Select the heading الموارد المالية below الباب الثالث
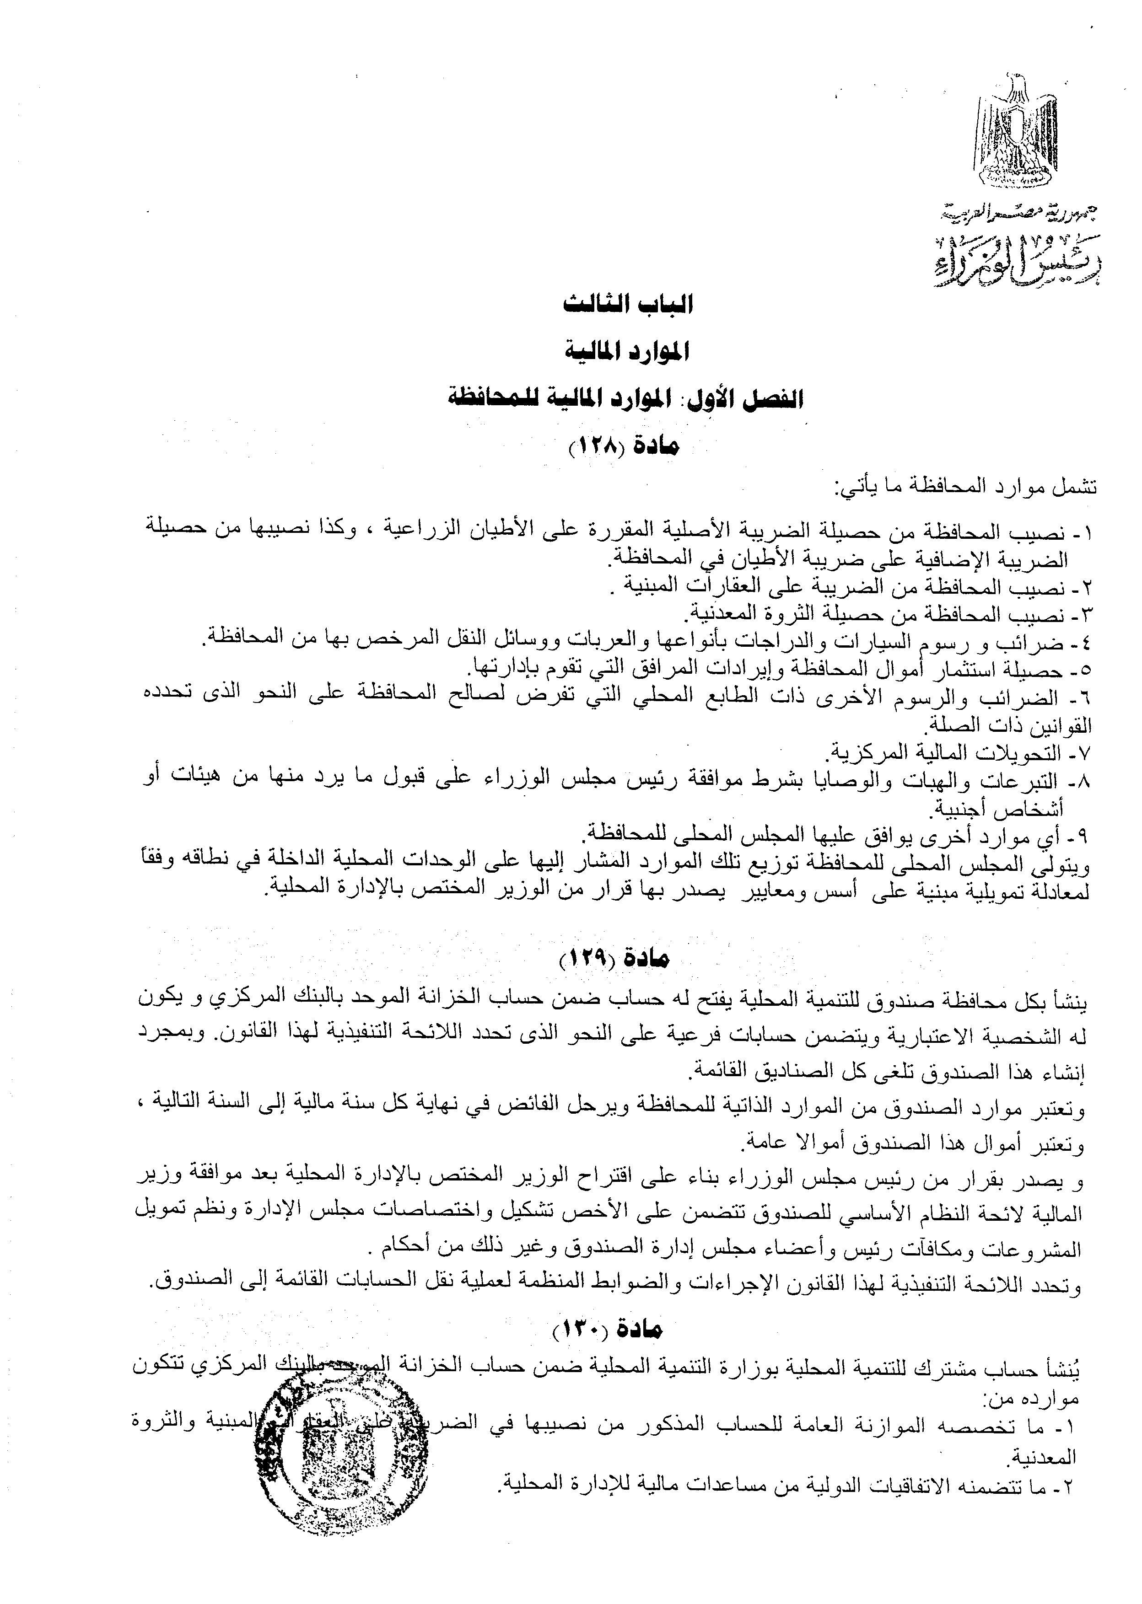(628, 351)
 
